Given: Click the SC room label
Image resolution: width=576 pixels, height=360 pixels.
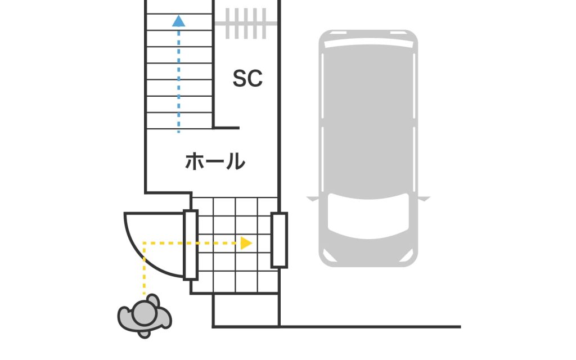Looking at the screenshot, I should click(247, 79).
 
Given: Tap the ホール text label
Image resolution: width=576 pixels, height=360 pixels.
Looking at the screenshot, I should click(215, 162).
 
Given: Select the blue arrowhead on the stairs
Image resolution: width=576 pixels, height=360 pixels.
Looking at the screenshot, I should click(179, 21).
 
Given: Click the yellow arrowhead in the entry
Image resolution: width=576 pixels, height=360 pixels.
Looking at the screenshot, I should click(246, 243).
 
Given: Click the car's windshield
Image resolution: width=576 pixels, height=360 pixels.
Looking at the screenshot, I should click(368, 216).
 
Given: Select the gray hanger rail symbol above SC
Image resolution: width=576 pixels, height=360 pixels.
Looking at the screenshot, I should click(246, 24).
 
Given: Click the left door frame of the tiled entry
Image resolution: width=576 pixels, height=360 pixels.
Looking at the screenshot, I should click(191, 244).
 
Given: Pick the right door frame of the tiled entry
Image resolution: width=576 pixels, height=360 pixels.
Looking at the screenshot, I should click(279, 240).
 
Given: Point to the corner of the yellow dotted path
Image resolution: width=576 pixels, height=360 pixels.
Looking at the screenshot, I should click(145, 243).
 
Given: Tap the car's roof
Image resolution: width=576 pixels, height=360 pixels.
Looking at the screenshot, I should click(368, 118).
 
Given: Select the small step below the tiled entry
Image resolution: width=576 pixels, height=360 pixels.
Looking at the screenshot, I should click(246, 309).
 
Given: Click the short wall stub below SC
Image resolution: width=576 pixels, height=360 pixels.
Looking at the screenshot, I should click(227, 128).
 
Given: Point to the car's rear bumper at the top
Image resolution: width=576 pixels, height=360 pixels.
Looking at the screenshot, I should click(368, 35).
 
